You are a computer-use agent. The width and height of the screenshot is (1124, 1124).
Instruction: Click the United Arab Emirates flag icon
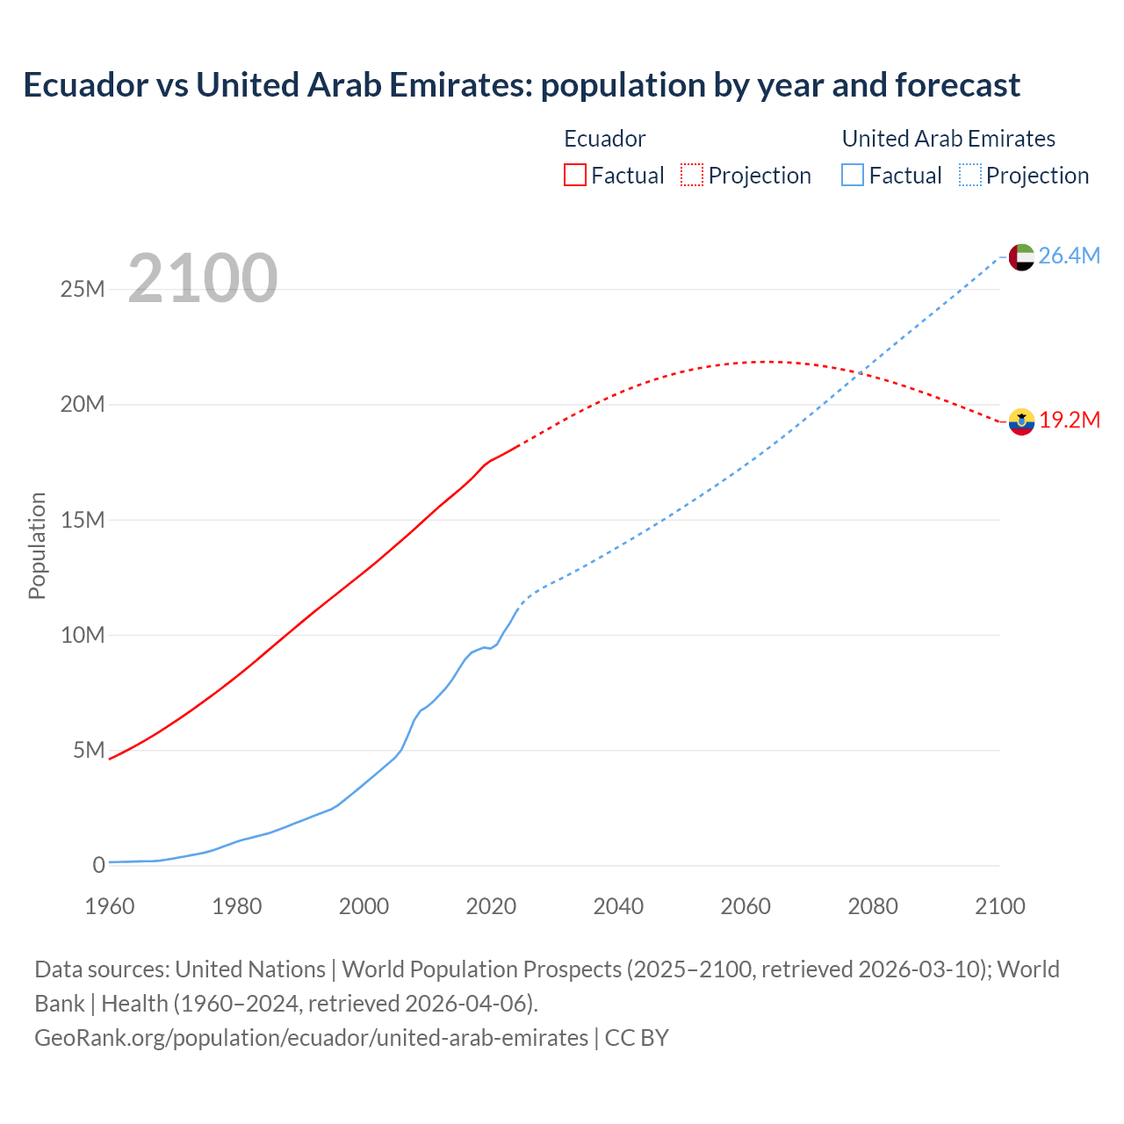click(x=1021, y=257)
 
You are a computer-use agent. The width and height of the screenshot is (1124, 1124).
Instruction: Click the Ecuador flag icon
click(x=1021, y=421)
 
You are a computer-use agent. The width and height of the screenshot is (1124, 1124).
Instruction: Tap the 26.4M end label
click(x=1069, y=256)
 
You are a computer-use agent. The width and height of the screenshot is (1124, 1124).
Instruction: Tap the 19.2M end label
click(x=1070, y=420)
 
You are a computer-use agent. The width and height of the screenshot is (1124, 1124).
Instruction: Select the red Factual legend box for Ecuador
click(x=574, y=175)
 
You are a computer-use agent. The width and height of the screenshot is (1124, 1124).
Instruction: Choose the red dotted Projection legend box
click(x=692, y=175)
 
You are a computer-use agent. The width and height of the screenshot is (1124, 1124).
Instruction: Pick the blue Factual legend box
click(x=852, y=175)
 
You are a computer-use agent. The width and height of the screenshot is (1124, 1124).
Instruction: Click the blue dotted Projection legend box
click(x=969, y=175)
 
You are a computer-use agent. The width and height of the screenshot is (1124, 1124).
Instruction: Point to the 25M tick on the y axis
click(x=83, y=289)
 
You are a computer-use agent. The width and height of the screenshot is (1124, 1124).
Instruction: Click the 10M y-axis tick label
click(x=83, y=635)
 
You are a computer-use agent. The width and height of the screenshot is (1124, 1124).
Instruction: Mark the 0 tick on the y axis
click(x=98, y=865)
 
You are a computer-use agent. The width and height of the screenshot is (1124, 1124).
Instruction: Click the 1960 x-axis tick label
click(x=110, y=906)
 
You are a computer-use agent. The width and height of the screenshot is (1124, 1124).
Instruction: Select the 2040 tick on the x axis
click(x=618, y=906)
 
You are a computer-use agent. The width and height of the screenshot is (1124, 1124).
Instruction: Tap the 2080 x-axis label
click(x=873, y=906)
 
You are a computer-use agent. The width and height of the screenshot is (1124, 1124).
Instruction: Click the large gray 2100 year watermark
click(x=203, y=278)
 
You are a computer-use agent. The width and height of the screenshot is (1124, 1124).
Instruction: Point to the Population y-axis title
click(x=37, y=545)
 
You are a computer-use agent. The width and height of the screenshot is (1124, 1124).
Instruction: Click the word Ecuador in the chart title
click(x=86, y=85)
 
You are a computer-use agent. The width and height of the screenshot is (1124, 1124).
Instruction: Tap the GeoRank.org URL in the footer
click(x=311, y=1037)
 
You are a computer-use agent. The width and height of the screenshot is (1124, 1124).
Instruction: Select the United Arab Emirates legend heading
click(x=948, y=139)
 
